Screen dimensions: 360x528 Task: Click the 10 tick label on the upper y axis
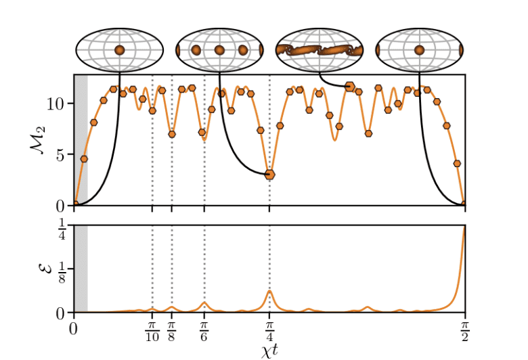coord(56,104)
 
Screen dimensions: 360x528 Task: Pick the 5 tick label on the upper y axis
coord(61,155)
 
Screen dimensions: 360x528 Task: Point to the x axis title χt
coord(269,351)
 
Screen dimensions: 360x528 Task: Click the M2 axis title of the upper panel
coord(39,141)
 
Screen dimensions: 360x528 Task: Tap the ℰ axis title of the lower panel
coord(40,269)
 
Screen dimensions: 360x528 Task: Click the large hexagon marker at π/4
coord(269,175)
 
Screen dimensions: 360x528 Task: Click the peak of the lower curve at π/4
coord(269,291)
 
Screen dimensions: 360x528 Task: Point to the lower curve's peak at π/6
coord(204,302)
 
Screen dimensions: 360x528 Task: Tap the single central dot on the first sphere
coord(120,50)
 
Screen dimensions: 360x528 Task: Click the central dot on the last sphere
coord(419,50)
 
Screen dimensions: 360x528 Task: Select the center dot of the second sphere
coord(219,50)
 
